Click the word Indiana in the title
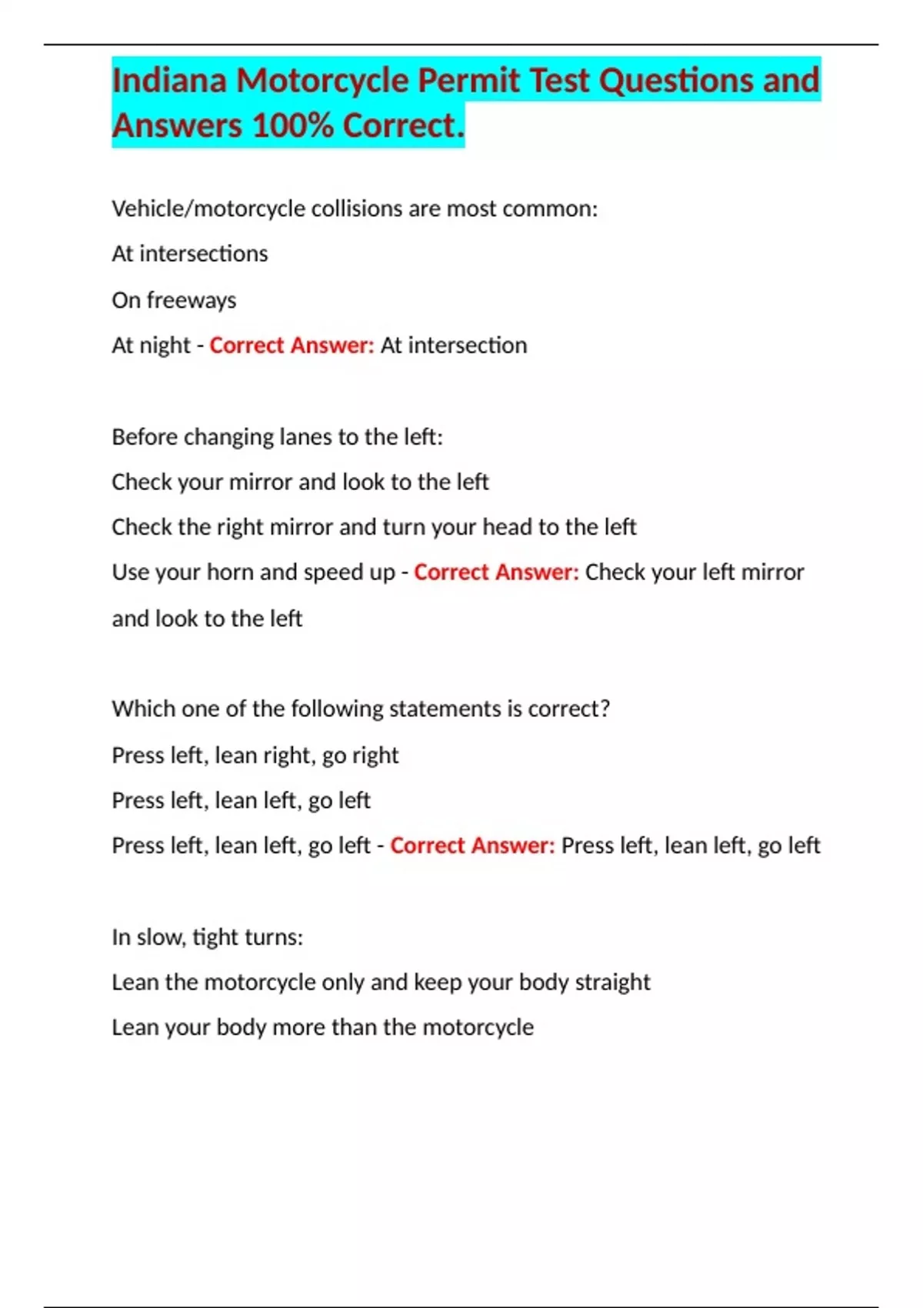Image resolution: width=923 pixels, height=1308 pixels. coord(169,80)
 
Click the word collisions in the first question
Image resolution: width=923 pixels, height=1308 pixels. coord(356,209)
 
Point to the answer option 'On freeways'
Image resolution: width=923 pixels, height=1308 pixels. coord(174,300)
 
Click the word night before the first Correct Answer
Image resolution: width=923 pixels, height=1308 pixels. coord(165,345)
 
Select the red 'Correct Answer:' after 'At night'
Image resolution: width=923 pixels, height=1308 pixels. coord(292,345)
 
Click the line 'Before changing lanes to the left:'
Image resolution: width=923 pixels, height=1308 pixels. coord(277,437)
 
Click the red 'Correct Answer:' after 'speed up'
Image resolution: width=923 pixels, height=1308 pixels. coord(496,572)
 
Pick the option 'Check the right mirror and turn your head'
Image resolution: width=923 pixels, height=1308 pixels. coord(374,527)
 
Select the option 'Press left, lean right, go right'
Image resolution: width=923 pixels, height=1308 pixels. coord(255,755)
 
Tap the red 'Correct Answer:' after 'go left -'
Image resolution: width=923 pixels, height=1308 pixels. coord(472,846)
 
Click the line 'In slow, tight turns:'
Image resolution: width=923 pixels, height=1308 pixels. coord(207,937)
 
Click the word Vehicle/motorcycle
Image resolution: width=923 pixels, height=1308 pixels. coord(208,209)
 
